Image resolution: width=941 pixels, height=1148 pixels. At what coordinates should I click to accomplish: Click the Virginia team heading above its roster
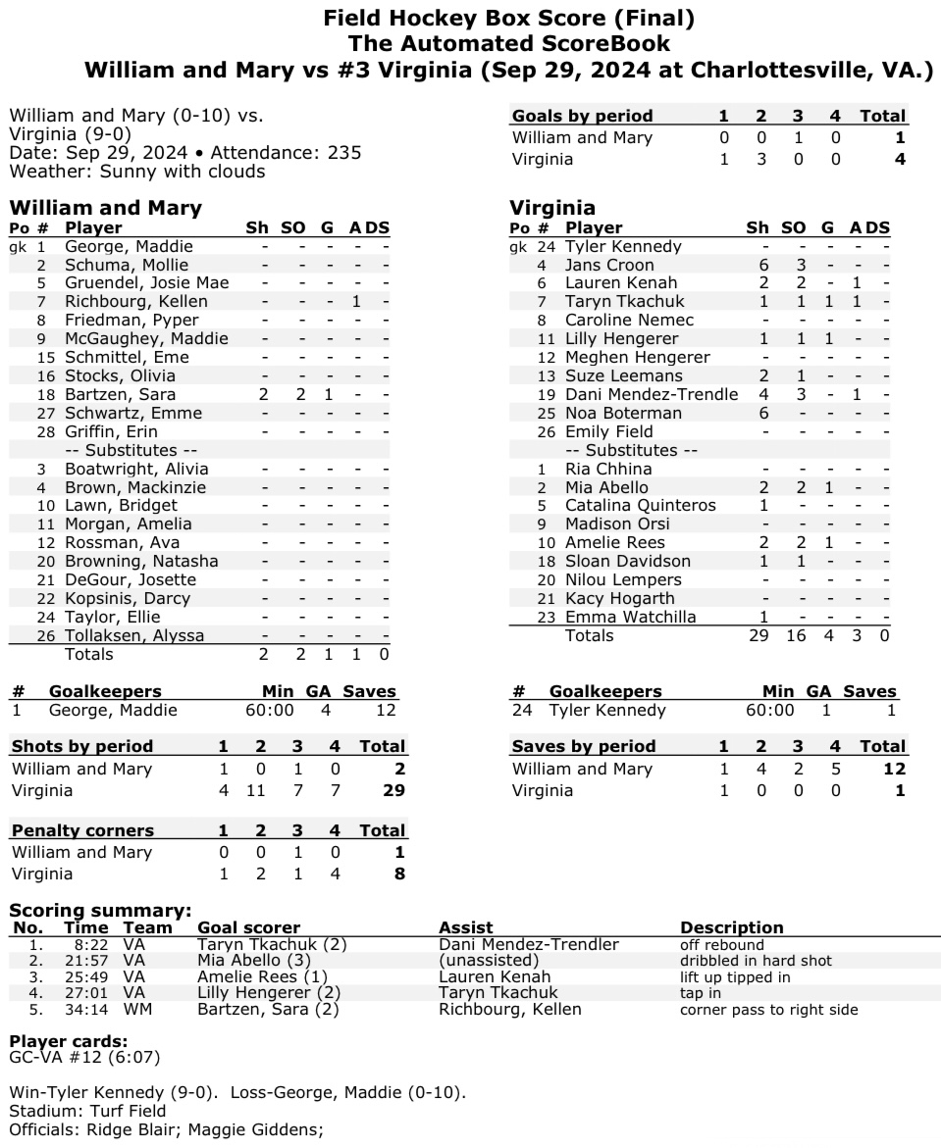551,208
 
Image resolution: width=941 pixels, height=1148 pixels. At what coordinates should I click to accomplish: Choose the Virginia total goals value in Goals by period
899,160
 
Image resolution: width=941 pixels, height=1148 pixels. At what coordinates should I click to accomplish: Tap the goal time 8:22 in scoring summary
83,944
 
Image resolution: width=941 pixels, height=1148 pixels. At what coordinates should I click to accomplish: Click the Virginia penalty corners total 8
399,873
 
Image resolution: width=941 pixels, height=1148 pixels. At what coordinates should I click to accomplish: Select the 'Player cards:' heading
68,1040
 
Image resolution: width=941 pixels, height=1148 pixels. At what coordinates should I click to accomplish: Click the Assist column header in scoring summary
466,927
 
